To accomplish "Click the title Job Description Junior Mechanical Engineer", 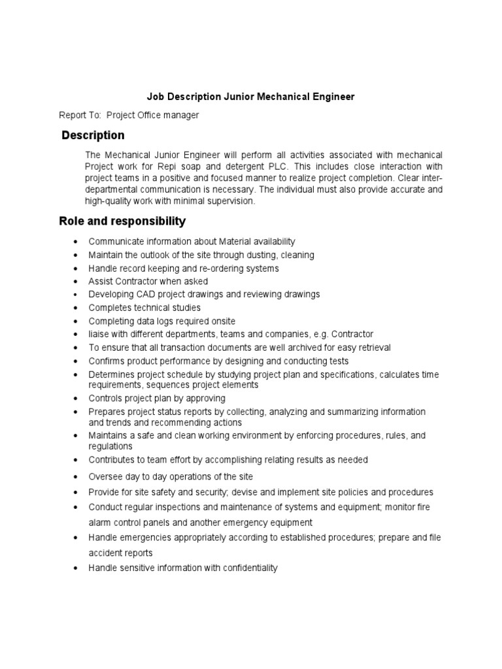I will (250, 97).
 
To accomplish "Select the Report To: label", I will (80, 116).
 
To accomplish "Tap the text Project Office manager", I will (152, 116).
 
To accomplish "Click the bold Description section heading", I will (93, 136).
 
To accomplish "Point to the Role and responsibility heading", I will (122, 221).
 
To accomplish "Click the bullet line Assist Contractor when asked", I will (139, 282).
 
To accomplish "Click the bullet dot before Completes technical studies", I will (78, 308).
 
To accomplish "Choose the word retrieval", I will (372, 348).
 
